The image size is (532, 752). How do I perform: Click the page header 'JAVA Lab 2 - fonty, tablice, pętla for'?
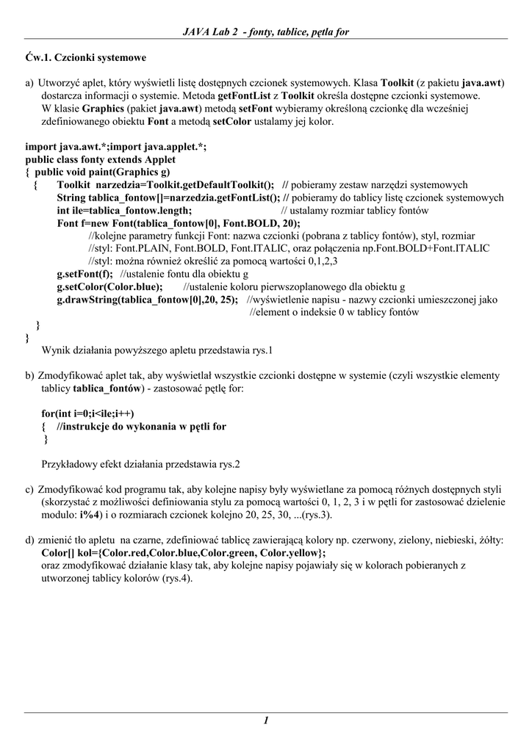click(x=265, y=32)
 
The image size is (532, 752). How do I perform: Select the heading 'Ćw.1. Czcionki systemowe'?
click(x=85, y=57)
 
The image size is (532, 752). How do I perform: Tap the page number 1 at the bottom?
click(x=265, y=720)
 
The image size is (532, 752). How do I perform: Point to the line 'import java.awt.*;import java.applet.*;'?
click(x=116, y=147)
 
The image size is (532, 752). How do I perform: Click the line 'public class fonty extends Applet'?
click(x=101, y=159)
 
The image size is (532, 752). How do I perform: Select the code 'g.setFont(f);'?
click(x=86, y=274)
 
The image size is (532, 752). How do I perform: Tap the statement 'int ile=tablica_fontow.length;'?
click(x=124, y=211)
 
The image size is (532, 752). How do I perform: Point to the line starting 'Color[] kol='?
click(x=184, y=552)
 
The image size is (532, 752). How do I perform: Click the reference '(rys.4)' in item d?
click(x=175, y=578)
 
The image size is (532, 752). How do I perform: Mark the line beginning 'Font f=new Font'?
click(x=179, y=223)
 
